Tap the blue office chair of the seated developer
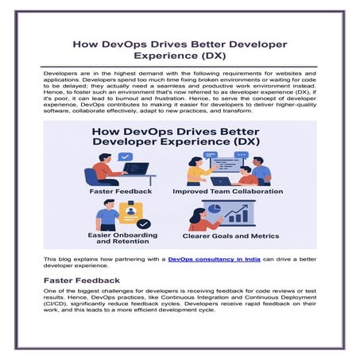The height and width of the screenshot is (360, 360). [x=91, y=176]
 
